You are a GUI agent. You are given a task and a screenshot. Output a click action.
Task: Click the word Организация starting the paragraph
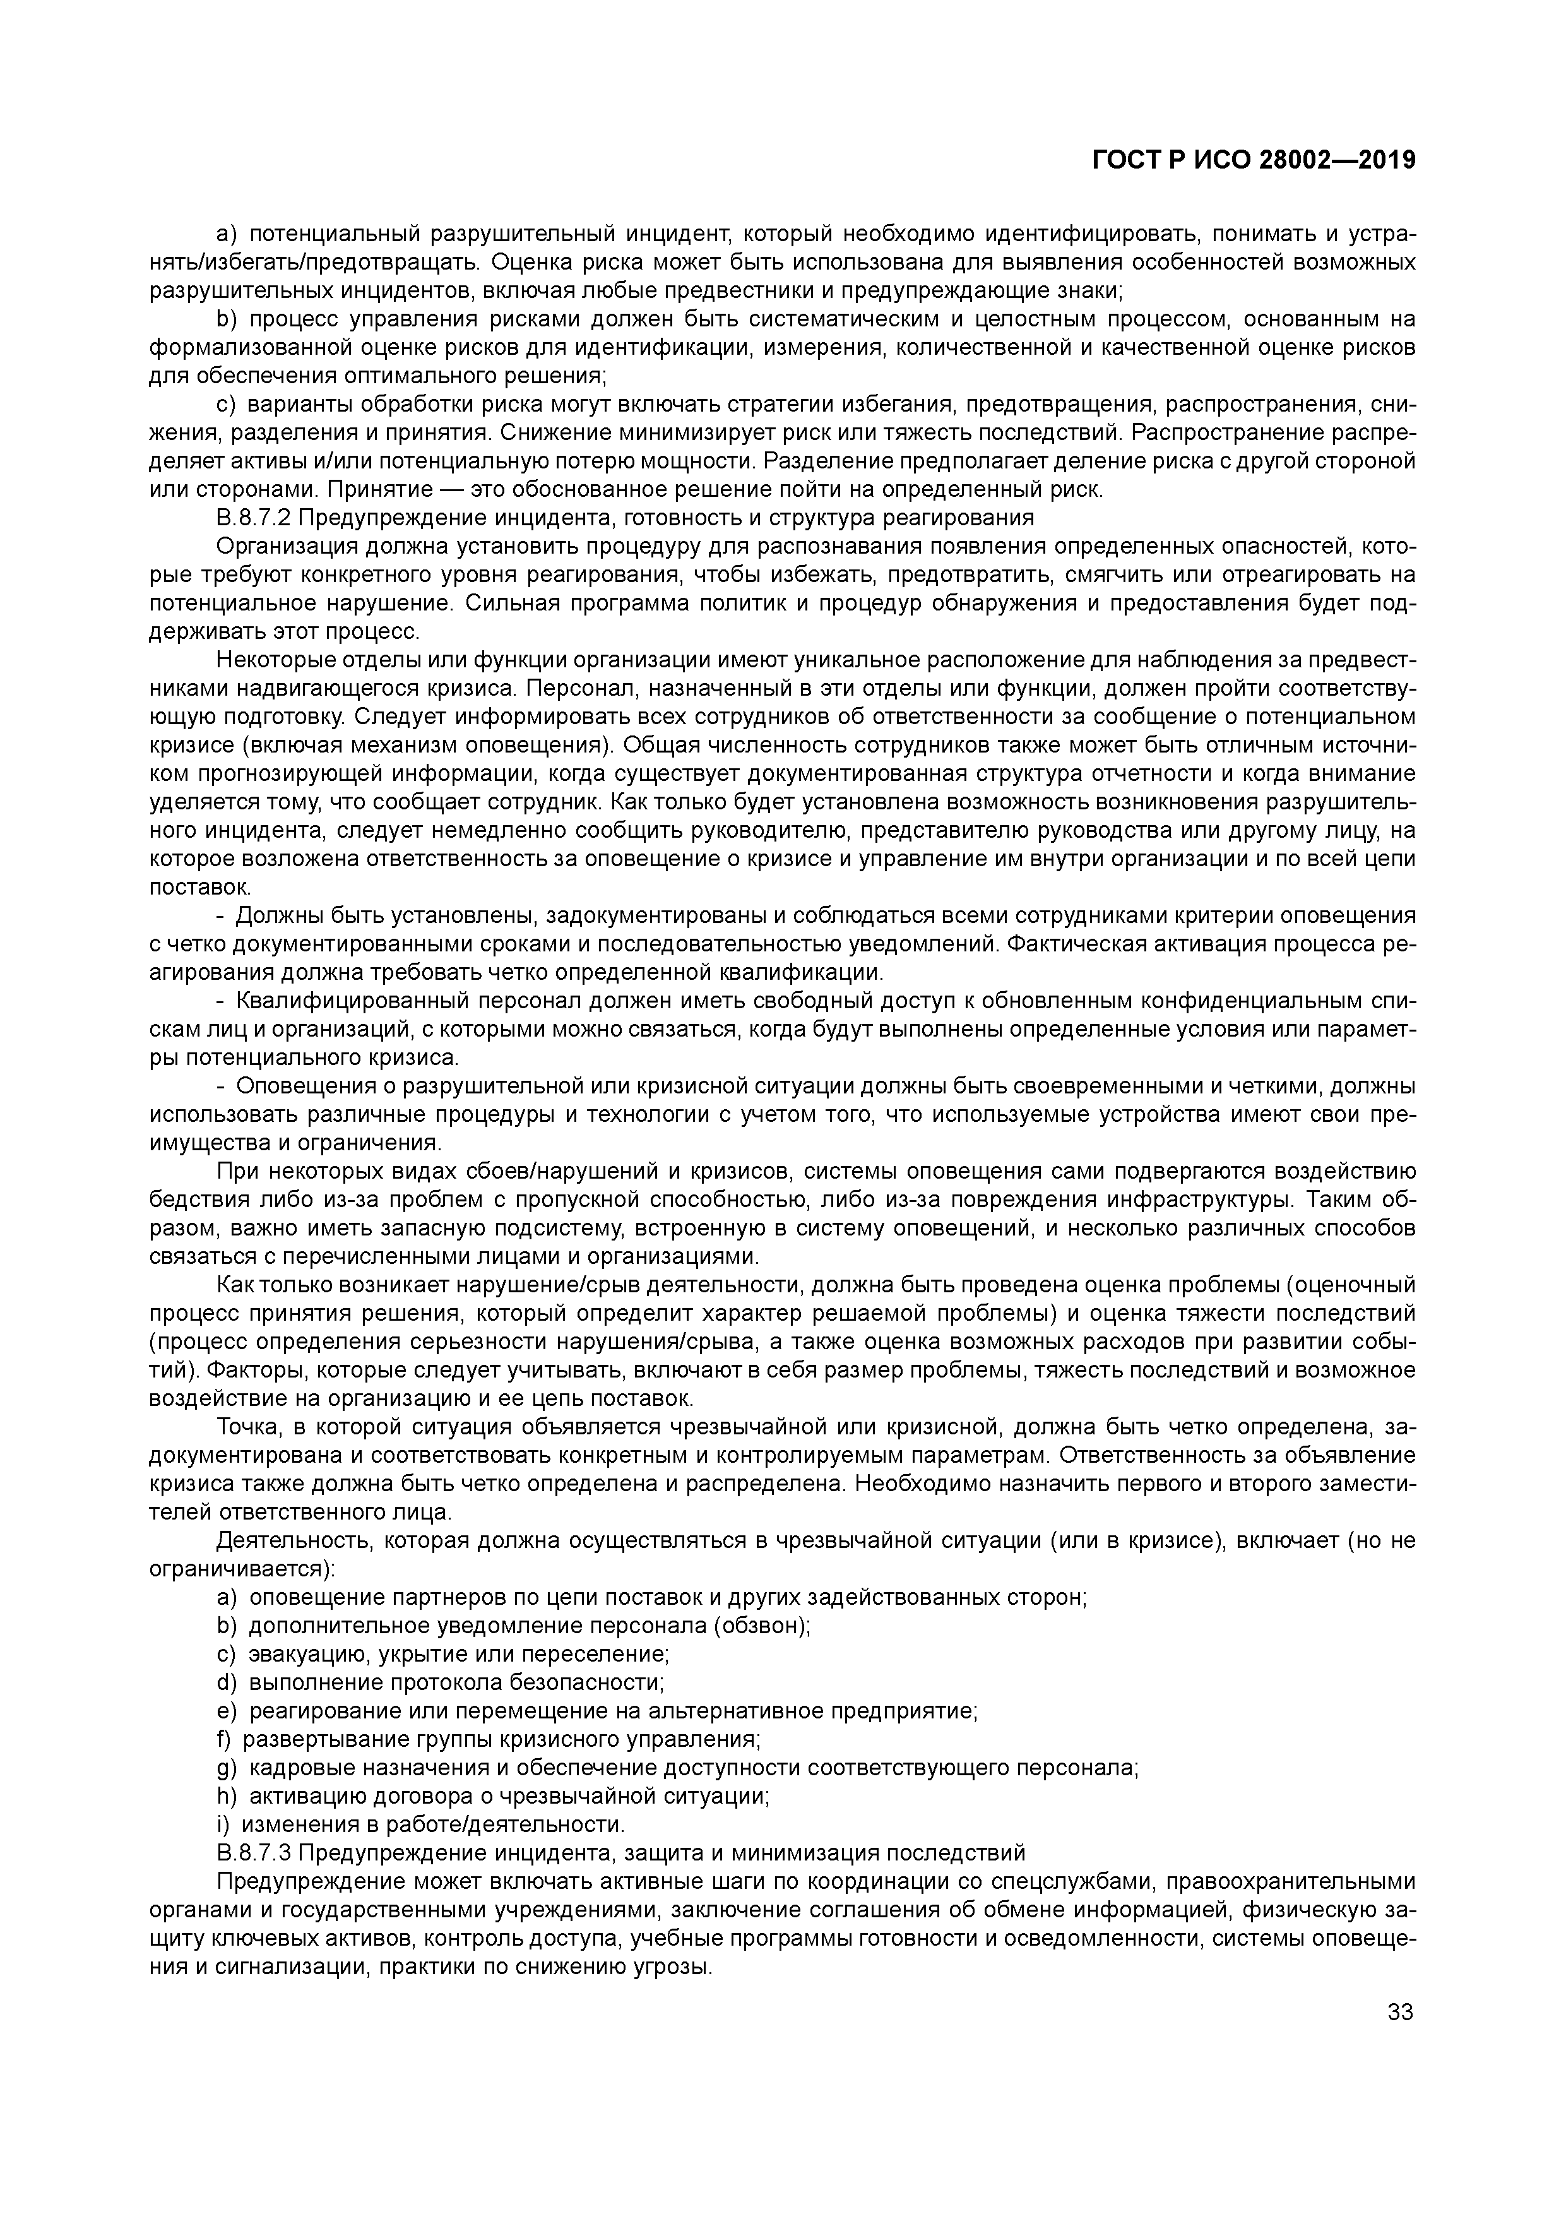point(287,547)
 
